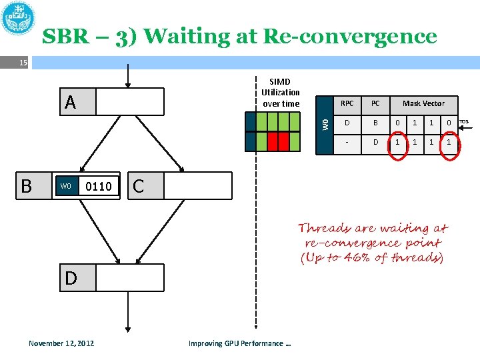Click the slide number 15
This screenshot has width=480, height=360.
(23, 63)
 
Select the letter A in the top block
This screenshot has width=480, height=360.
(71, 102)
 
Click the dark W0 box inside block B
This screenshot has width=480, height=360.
(65, 186)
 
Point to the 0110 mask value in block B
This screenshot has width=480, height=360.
(99, 186)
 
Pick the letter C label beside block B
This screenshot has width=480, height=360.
(138, 186)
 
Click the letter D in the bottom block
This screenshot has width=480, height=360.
(71, 278)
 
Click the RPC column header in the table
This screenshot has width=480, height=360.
(347, 104)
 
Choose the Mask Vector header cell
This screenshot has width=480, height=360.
(423, 104)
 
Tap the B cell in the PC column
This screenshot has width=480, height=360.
(375, 123)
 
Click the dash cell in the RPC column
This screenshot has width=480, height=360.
(347, 142)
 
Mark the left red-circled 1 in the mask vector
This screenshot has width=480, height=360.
(398, 142)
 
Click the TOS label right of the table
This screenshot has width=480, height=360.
(464, 122)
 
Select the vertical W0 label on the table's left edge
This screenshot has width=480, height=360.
(325, 124)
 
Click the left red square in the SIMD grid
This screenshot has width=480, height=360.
(272, 142)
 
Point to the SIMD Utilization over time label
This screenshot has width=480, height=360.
(281, 93)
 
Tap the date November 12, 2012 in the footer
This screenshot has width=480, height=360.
(61, 343)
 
